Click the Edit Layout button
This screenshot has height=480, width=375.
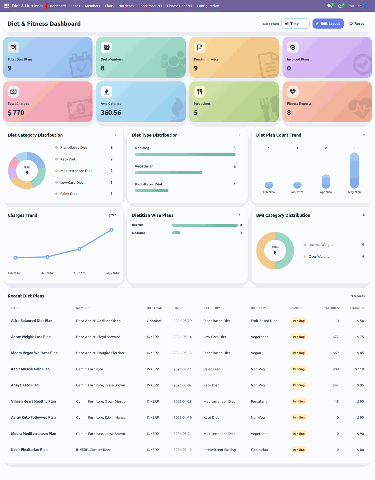click(328, 23)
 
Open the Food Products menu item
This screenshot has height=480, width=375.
click(150, 6)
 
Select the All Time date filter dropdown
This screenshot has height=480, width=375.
click(295, 23)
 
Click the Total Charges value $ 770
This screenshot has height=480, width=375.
click(16, 112)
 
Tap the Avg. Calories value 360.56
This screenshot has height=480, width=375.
click(111, 112)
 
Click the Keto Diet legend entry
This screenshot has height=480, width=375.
click(68, 159)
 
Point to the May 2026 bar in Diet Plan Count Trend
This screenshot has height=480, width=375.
click(354, 170)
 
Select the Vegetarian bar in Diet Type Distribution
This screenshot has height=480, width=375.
click(168, 172)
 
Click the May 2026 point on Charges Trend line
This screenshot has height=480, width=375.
click(112, 230)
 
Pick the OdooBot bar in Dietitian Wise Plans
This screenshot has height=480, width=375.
click(176, 233)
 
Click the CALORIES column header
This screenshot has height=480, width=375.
click(331, 308)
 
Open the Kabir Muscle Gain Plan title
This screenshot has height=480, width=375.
click(30, 369)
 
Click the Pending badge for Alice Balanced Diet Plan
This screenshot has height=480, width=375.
click(299, 321)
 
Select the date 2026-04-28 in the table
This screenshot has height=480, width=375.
click(183, 401)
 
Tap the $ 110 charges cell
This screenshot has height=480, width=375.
click(360, 369)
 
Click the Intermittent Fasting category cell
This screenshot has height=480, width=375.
click(219, 450)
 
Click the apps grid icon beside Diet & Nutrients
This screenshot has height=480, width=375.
click(6, 6)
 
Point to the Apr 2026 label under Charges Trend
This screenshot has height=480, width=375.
click(79, 273)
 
